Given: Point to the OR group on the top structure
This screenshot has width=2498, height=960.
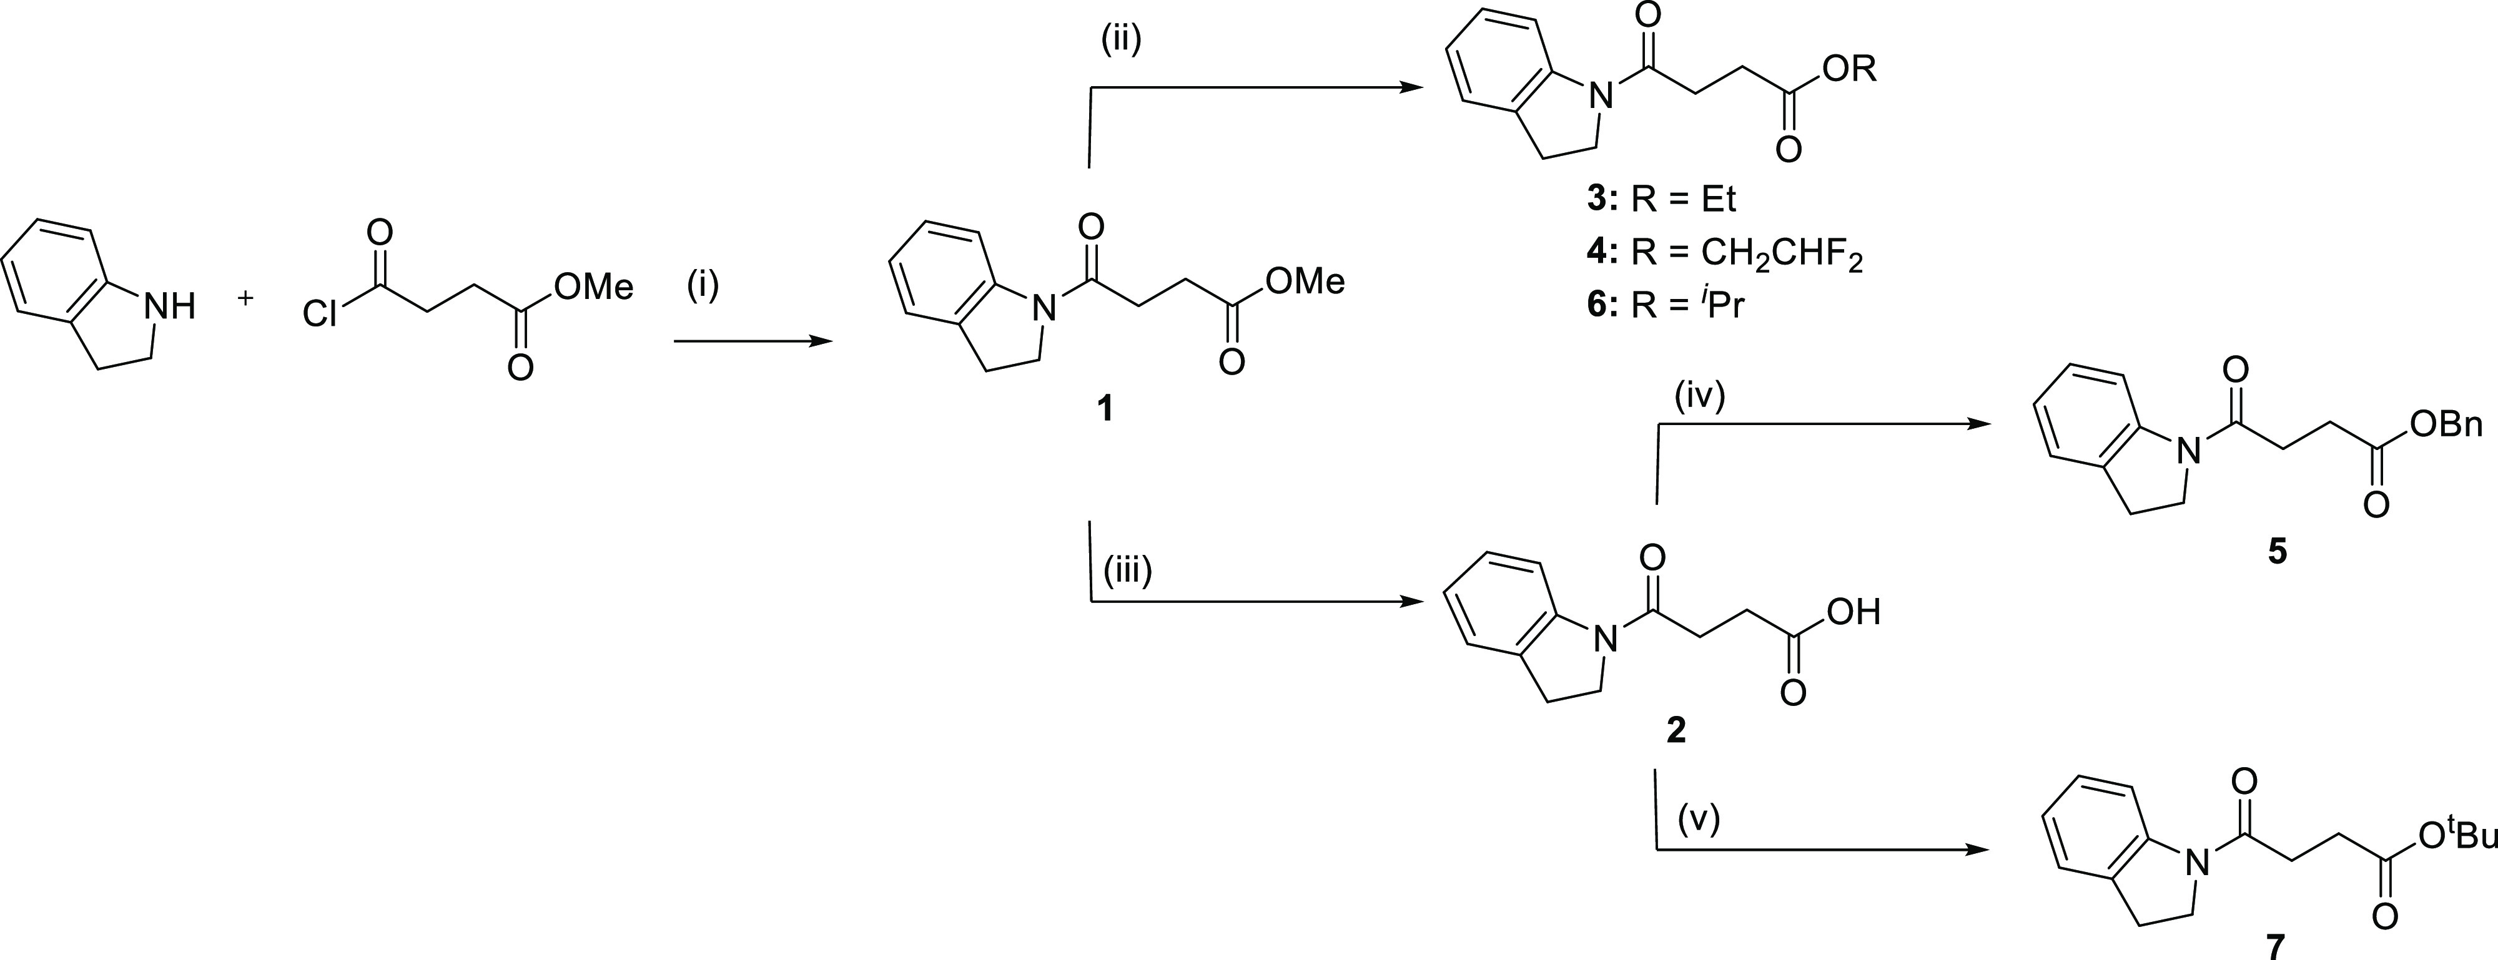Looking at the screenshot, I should pyautogui.click(x=1849, y=70).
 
